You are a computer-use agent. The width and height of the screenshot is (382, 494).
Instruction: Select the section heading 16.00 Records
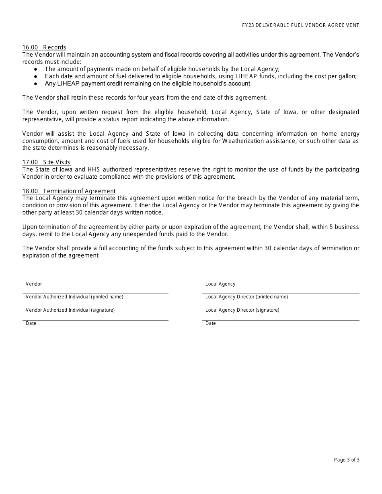(x=44, y=47)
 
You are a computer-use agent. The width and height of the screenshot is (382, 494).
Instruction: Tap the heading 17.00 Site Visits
(x=46, y=162)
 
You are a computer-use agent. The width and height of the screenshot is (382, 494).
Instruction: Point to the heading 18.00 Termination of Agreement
(x=69, y=191)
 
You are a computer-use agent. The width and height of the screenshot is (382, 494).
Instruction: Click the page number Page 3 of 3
(x=347, y=460)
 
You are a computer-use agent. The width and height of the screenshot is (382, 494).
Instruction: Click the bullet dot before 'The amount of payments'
(x=35, y=69)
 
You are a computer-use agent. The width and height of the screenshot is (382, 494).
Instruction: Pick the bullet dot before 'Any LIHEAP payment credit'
(x=35, y=84)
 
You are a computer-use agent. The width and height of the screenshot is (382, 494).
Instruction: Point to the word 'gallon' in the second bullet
(x=347, y=76)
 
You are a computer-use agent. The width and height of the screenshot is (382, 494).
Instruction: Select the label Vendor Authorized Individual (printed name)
(x=74, y=297)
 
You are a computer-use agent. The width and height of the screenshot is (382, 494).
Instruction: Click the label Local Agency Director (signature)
(x=242, y=310)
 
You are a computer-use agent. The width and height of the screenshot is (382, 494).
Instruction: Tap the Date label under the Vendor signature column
(x=31, y=323)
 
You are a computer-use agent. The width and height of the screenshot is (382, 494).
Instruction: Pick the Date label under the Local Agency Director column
(x=210, y=323)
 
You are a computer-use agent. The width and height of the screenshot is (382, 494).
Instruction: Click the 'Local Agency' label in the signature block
(x=220, y=284)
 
